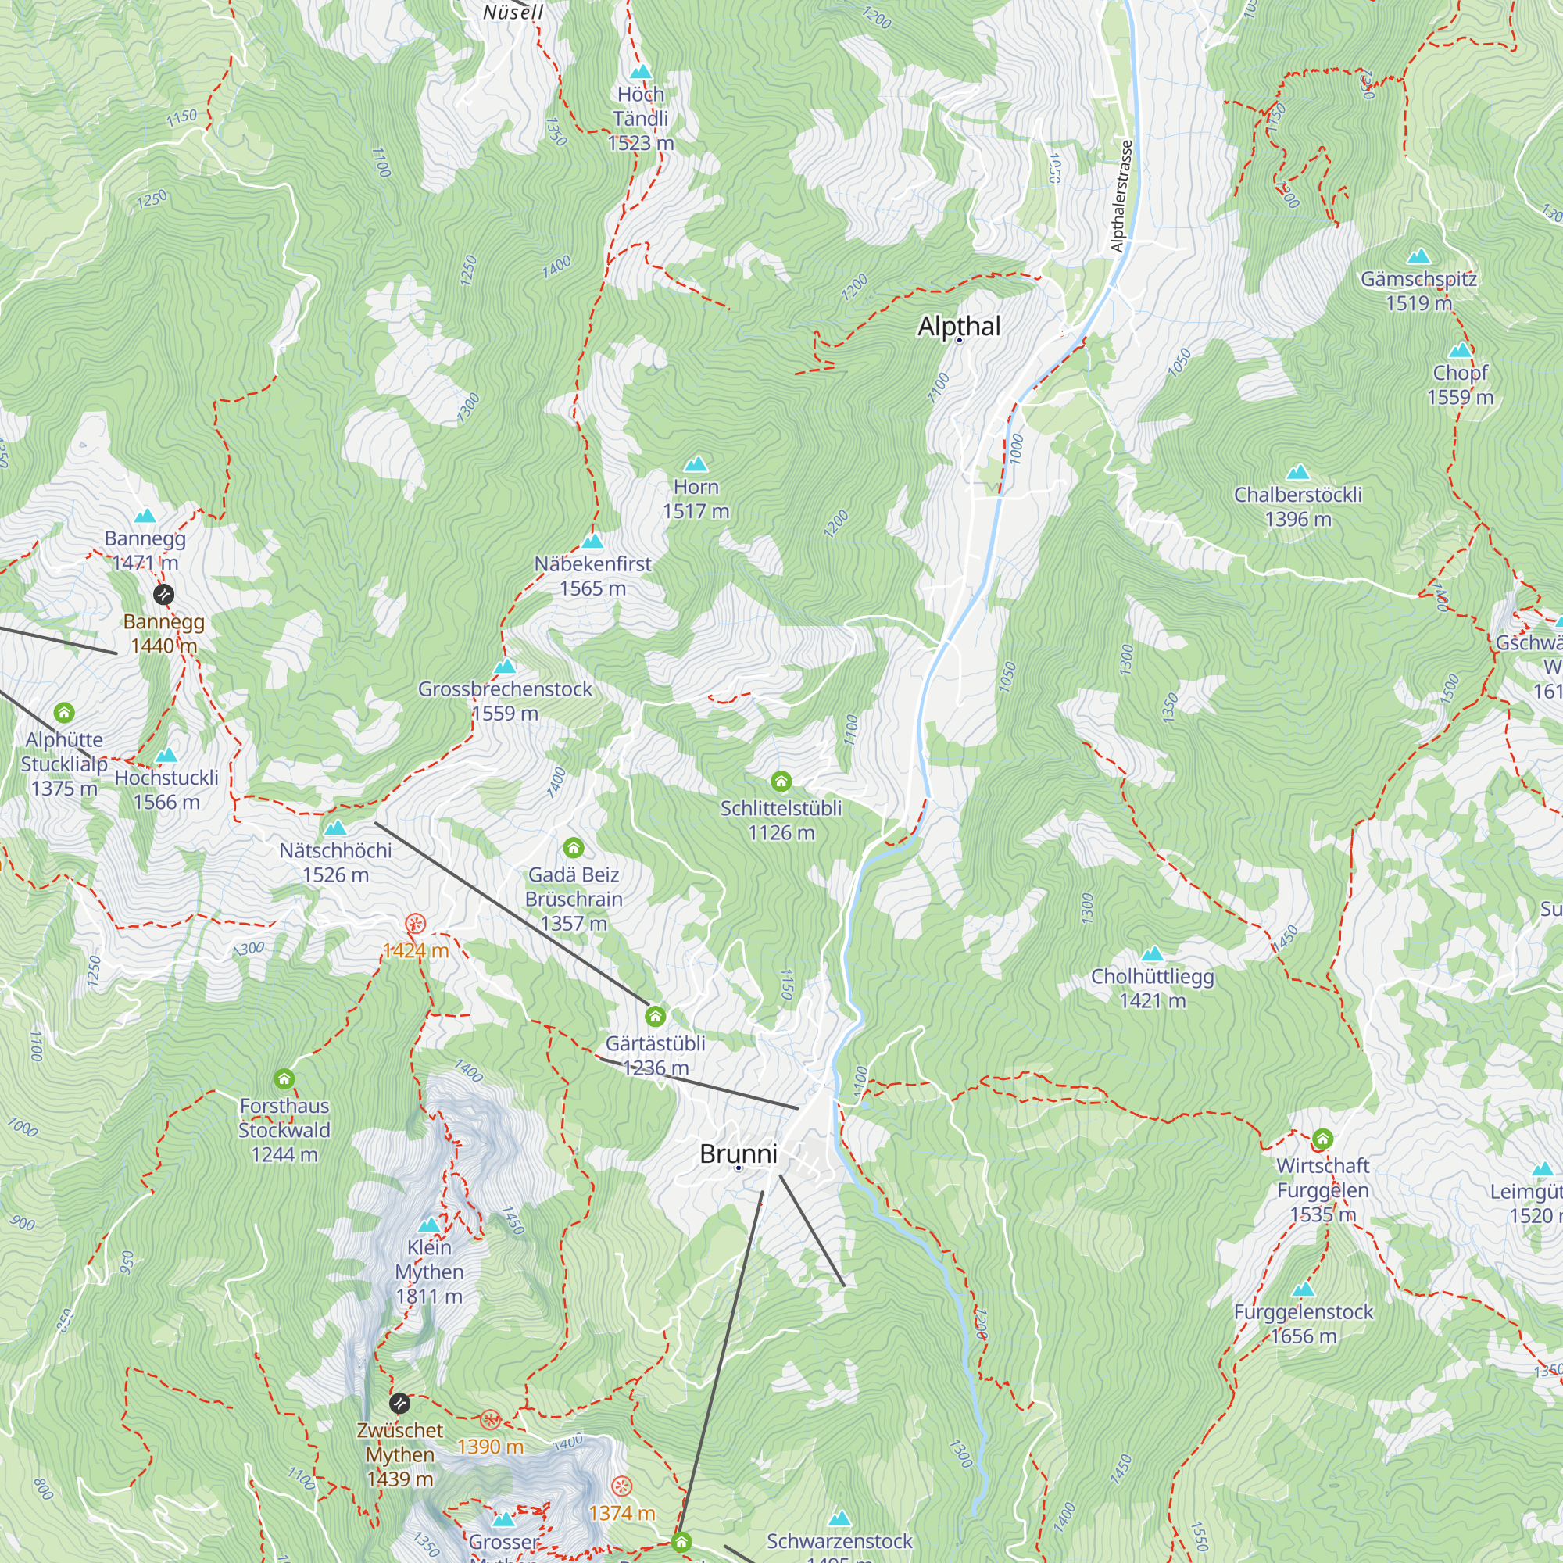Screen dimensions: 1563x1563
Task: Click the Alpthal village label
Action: coord(959,327)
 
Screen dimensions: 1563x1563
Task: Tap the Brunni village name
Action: coord(738,1153)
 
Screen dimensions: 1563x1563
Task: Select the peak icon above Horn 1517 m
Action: coord(696,464)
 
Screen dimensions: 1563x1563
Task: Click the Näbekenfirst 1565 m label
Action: coord(592,576)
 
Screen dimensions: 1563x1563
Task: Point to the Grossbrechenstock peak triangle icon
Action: coord(506,667)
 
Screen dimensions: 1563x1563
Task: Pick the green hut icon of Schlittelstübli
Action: coord(781,781)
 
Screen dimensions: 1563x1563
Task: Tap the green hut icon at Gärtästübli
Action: coord(656,1016)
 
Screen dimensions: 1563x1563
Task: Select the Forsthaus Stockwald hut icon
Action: coord(284,1078)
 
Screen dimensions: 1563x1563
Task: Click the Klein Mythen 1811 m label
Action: coord(429,1271)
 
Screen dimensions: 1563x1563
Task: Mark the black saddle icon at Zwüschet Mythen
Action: coord(399,1402)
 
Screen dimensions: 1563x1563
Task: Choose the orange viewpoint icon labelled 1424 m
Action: coord(415,923)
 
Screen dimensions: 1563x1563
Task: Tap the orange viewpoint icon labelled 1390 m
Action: coord(489,1419)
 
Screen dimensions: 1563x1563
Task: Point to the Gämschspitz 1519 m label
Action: coord(1418,291)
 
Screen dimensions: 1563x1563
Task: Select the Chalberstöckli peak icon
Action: coord(1297,473)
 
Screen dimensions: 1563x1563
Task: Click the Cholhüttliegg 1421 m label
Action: coord(1152,988)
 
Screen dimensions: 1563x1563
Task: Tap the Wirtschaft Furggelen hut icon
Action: coord(1323,1139)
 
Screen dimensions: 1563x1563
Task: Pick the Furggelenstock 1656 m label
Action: coord(1303,1324)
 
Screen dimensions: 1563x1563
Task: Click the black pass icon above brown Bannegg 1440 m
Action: coord(163,595)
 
